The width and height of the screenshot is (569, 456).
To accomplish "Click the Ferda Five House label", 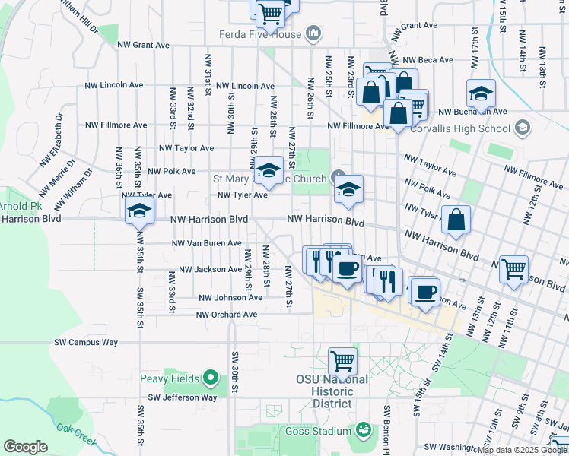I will click(x=259, y=34).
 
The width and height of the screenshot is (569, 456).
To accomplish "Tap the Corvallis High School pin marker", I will click(x=522, y=128).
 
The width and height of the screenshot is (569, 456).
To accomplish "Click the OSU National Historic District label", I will click(x=332, y=391).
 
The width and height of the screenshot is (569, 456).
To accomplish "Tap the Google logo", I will click(x=25, y=447).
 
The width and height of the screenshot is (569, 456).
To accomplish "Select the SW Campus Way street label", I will click(x=86, y=342).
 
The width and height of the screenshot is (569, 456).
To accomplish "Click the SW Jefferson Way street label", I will click(x=182, y=397).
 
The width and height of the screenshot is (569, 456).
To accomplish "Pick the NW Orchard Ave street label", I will click(x=227, y=315).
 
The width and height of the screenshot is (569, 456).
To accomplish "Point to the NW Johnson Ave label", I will click(x=230, y=298).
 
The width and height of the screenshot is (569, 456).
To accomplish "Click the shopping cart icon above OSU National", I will click(x=342, y=361).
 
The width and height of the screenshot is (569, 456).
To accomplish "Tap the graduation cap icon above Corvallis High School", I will click(x=481, y=93).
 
